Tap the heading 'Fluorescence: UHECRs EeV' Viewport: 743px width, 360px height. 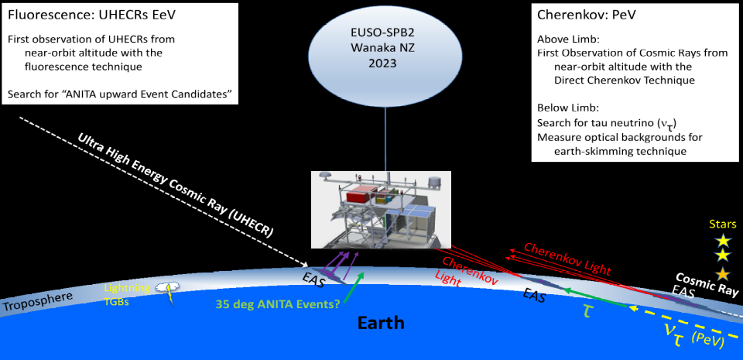[x=92, y=15]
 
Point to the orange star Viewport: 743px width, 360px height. [x=723, y=273]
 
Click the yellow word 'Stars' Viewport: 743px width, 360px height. [x=723, y=224]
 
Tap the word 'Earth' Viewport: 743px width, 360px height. [x=381, y=323]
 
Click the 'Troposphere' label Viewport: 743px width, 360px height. [x=37, y=302]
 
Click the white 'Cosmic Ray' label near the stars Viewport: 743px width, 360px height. [x=707, y=284]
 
